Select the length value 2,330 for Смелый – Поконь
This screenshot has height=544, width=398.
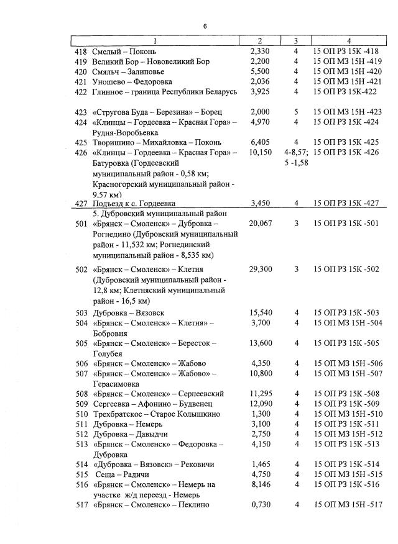(259, 51)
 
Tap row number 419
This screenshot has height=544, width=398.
(80, 61)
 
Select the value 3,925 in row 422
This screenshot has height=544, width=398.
(259, 91)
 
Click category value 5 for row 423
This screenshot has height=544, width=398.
(297, 112)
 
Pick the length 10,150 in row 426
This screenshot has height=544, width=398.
(260, 152)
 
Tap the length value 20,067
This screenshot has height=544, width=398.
(261, 224)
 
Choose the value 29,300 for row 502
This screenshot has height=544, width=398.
(261, 270)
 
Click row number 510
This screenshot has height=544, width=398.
(80, 414)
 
